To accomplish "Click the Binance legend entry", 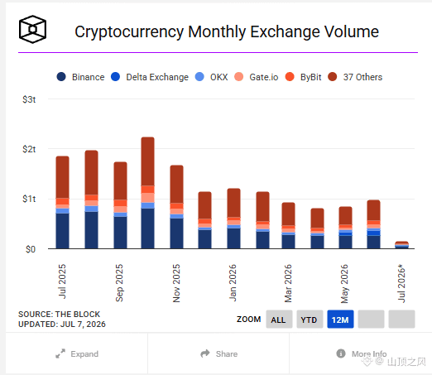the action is point(80,77).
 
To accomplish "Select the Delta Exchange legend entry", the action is point(150,77).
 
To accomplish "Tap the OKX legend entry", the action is point(211,77).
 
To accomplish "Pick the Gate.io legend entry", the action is point(257,77).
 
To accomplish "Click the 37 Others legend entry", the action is point(355,77).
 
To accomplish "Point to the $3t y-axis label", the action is point(29,99).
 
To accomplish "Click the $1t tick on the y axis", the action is point(29,199).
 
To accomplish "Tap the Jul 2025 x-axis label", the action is point(62,281).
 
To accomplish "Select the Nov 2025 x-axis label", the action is point(176,283).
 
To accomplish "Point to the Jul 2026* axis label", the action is point(401,283).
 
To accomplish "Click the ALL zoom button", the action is point(279,320).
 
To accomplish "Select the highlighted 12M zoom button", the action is point(340,320).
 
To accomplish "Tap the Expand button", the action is point(77,353).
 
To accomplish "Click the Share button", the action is point(219,353).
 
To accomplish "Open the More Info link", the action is point(362,353).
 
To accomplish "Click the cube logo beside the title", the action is point(32,29).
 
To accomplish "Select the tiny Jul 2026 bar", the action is point(401,245).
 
